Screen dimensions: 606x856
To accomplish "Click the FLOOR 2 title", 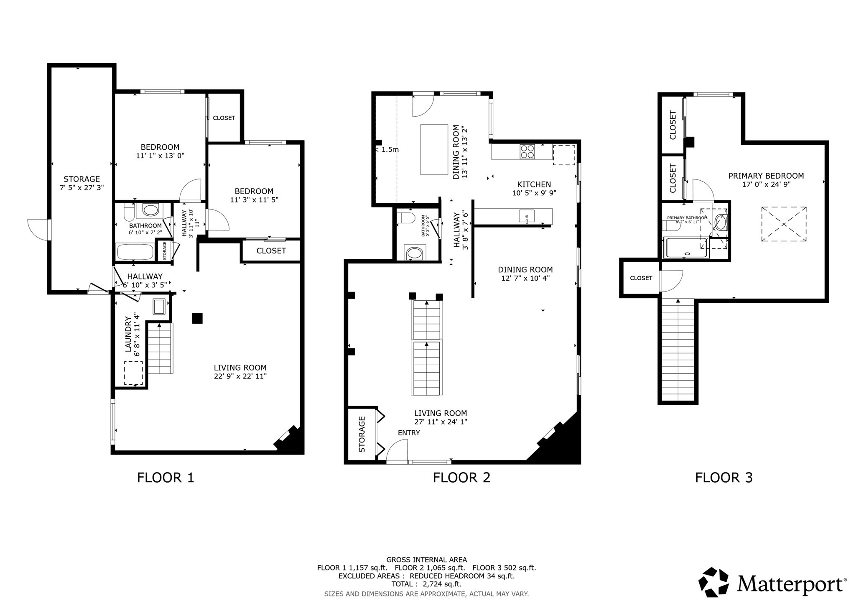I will click(x=461, y=477).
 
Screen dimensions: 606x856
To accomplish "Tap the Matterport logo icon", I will click(x=714, y=582).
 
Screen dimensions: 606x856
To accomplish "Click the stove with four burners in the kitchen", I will click(x=527, y=151).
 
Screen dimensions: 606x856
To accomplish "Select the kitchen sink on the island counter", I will click(x=527, y=216).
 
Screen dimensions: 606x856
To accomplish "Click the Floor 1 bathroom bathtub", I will click(x=135, y=252).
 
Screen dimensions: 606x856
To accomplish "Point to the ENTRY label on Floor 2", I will click(x=408, y=433).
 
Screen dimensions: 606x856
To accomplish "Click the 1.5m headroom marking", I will click(x=389, y=149).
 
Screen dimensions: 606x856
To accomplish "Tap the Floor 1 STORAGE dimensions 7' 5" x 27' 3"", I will click(x=82, y=188).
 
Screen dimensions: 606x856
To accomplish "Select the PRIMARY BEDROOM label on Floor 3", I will click(x=766, y=176).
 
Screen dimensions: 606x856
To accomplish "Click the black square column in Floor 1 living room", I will click(x=197, y=318).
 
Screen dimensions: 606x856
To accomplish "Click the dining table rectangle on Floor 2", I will click(x=434, y=149).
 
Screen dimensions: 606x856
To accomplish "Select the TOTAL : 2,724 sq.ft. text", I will click(x=426, y=584).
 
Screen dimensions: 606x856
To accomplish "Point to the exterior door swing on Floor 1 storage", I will click(x=38, y=229).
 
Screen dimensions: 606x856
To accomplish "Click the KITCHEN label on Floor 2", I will click(x=534, y=184).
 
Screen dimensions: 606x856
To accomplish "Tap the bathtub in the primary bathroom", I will click(x=685, y=248).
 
